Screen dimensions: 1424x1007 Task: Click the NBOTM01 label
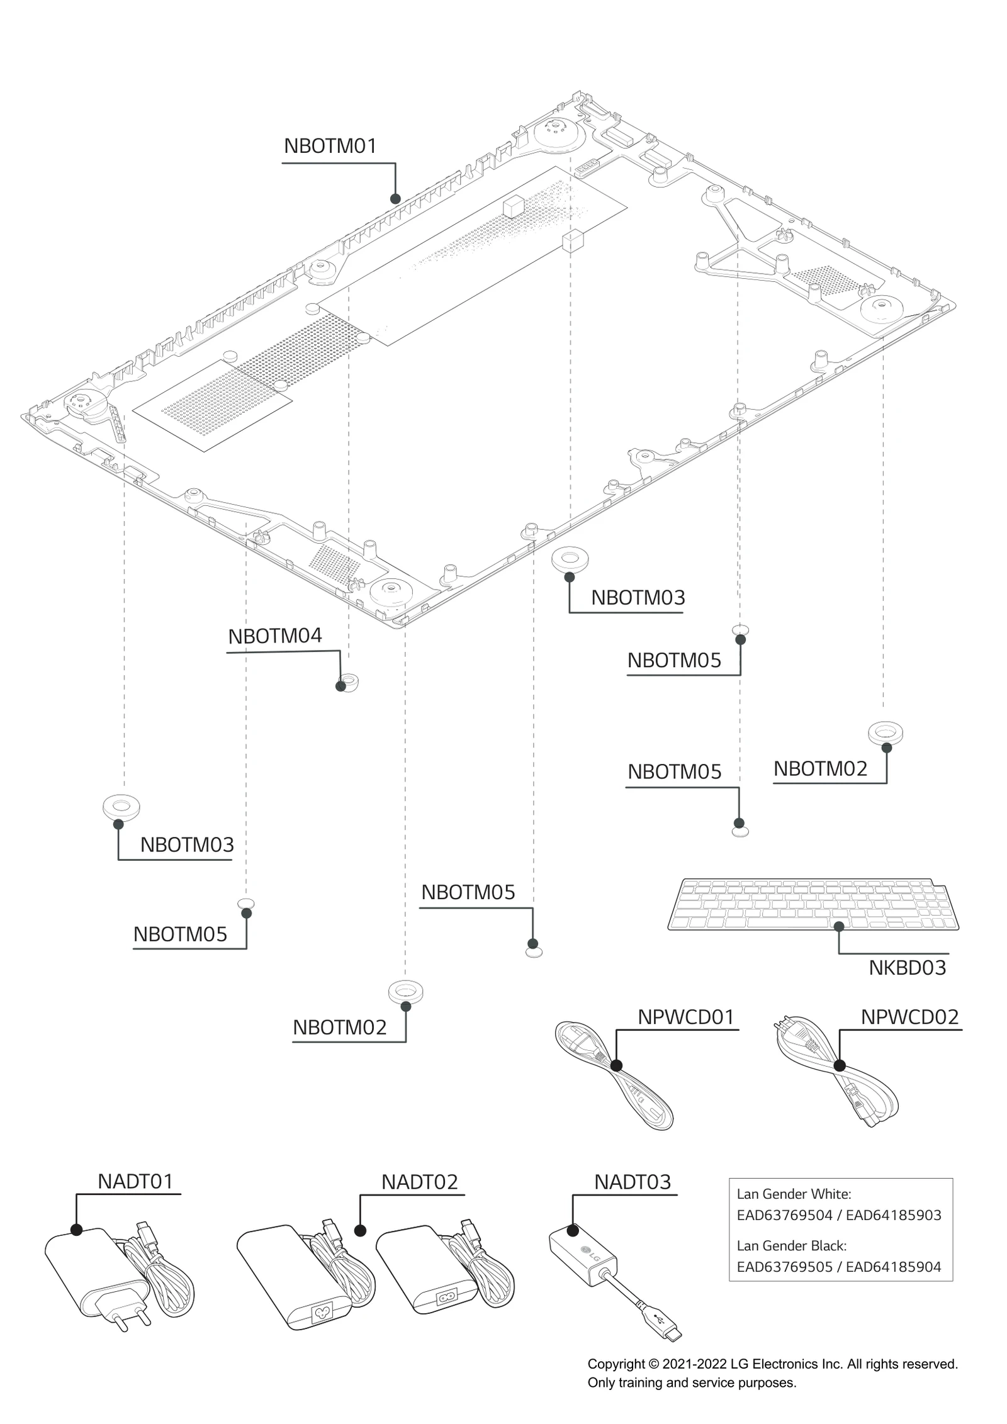point(330,146)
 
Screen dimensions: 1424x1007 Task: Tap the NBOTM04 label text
point(275,636)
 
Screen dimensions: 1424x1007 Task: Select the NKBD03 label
point(907,967)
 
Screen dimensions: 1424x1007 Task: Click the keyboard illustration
point(812,905)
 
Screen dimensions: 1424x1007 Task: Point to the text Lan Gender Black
point(791,1245)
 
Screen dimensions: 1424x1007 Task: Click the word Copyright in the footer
point(616,1364)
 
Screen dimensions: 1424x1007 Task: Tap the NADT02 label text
point(419,1182)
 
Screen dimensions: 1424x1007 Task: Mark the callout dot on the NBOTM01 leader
point(395,199)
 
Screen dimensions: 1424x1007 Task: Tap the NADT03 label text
point(633,1182)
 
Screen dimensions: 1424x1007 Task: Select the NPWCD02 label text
point(909,1017)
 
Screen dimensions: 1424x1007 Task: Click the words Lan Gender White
point(793,1194)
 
